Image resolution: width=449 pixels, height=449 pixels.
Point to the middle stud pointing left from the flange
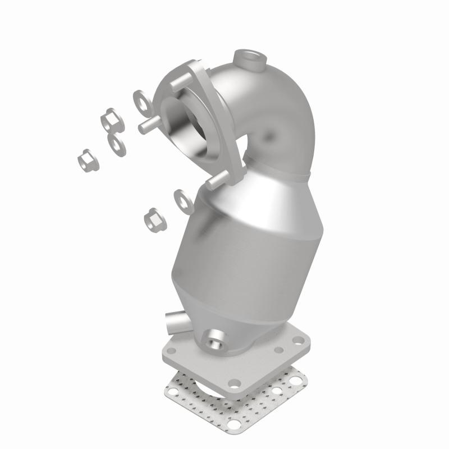tap(147, 125)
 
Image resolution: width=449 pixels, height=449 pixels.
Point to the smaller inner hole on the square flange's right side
tap(278, 350)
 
